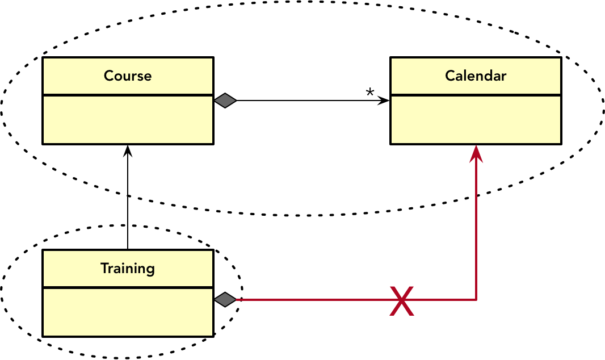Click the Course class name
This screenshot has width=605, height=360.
click(128, 76)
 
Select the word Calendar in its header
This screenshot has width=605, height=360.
click(476, 76)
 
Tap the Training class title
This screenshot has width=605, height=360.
click(128, 268)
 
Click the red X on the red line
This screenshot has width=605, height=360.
click(402, 300)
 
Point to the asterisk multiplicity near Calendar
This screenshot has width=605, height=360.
click(370, 93)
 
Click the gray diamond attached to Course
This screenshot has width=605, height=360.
click(225, 101)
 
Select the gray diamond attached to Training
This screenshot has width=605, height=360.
click(225, 299)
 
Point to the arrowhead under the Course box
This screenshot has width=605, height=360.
click(128, 150)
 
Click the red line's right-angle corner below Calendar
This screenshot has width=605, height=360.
click(476, 299)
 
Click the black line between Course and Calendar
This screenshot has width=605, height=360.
click(306, 101)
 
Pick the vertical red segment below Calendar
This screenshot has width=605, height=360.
click(476, 227)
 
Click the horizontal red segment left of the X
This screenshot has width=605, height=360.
click(312, 299)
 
